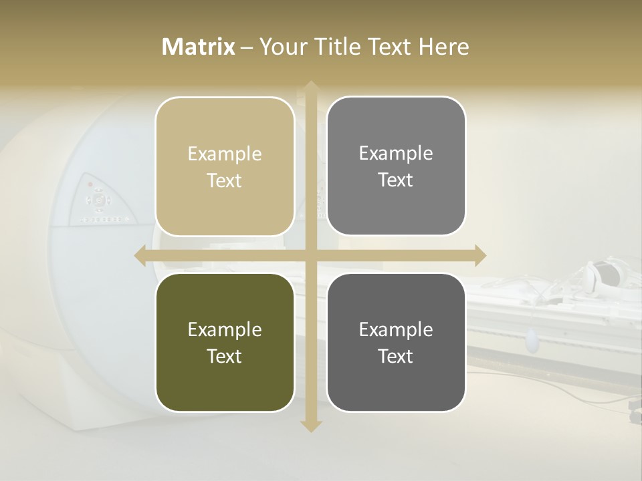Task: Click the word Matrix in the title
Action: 199,47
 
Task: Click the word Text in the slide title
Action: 391,47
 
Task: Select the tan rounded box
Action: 225,166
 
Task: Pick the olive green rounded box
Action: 225,342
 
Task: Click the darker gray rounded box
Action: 396,342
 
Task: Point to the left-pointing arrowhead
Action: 140,256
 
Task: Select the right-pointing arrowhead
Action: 479,256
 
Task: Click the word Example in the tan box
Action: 225,154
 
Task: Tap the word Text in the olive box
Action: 225,356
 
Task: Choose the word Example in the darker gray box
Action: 396,329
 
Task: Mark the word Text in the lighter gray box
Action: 396,180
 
